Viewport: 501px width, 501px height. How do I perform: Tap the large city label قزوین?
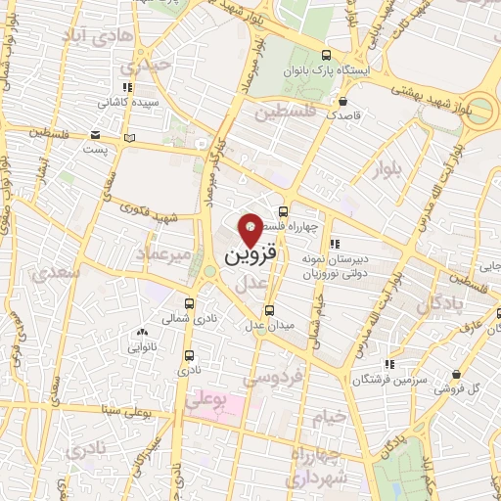pyautogui.click(x=250, y=256)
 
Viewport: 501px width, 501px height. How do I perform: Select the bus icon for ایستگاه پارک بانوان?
pyautogui.click(x=326, y=56)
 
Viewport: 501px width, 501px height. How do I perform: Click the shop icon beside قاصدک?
pyautogui.click(x=342, y=100)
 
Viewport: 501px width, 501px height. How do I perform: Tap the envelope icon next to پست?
pyautogui.click(x=95, y=135)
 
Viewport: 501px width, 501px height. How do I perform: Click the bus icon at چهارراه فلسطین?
pyautogui.click(x=283, y=211)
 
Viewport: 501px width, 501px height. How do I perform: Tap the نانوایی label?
pyautogui.click(x=143, y=346)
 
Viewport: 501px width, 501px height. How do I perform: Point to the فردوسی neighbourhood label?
pyautogui.click(x=291, y=375)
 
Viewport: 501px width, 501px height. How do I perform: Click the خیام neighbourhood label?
pyautogui.click(x=330, y=415)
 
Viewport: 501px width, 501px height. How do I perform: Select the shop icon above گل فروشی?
pyautogui.click(x=457, y=374)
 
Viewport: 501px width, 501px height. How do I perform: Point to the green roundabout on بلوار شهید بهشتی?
pyautogui.click(x=480, y=108)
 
